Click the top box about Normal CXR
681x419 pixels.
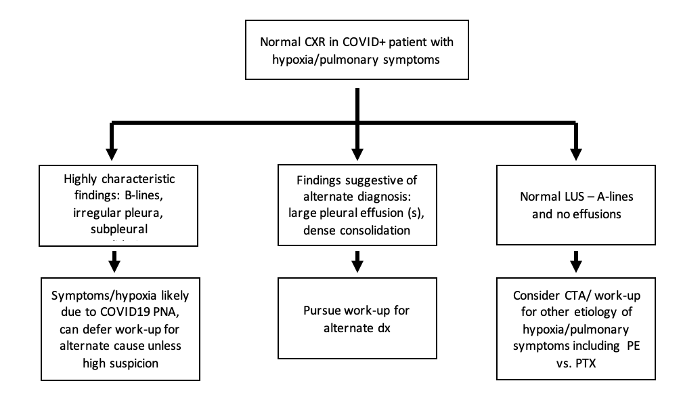click(x=357, y=51)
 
